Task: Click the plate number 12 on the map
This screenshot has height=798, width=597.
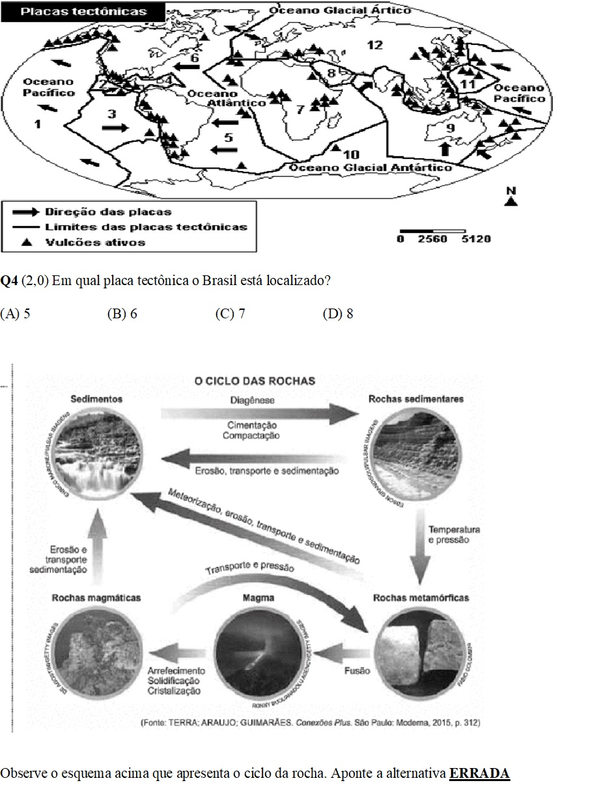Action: click(374, 45)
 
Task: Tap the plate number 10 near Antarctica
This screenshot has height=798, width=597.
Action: click(352, 154)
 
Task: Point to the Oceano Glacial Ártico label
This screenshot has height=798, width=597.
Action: click(340, 10)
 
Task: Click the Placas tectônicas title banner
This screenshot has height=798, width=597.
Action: click(83, 12)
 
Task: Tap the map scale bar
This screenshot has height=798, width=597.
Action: click(432, 230)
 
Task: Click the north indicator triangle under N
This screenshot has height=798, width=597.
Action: click(512, 202)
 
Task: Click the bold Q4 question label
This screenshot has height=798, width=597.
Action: click(9, 281)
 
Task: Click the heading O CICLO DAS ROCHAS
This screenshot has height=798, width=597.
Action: click(255, 381)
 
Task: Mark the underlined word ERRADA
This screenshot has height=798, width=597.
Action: click(479, 773)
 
